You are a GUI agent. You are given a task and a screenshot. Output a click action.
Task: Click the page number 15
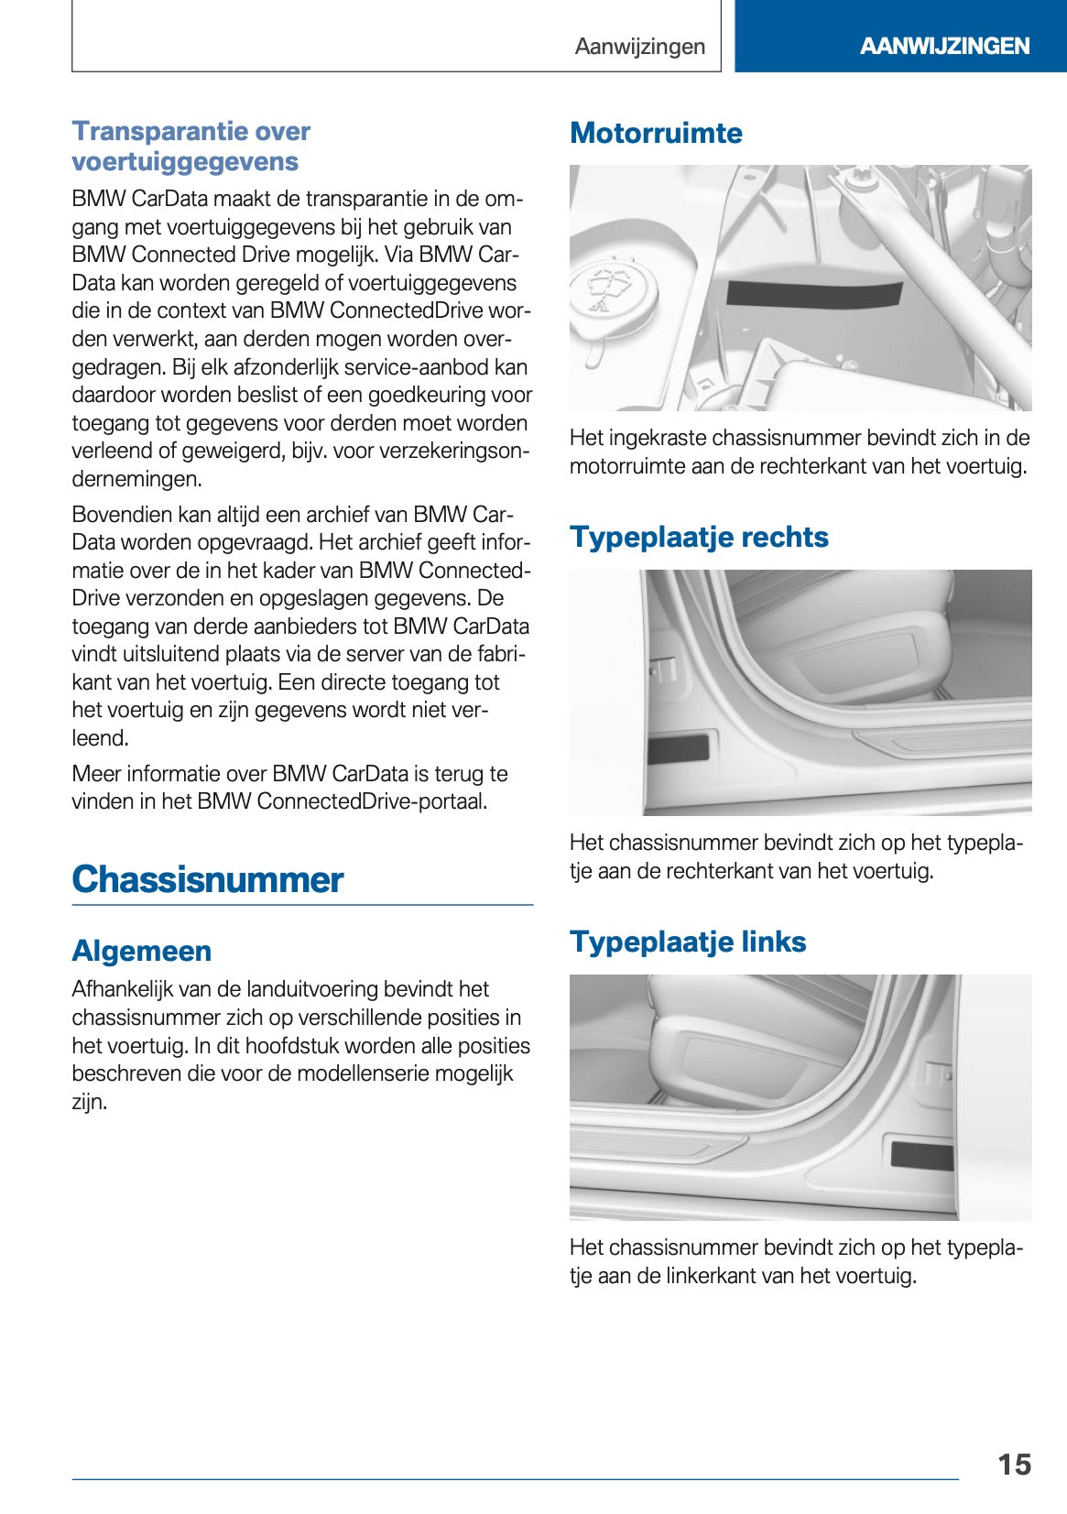1014,1464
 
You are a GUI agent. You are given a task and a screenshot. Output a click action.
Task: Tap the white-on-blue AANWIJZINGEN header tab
944,46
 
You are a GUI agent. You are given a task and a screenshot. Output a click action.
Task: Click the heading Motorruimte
656,133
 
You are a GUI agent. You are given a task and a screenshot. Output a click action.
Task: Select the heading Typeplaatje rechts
699,537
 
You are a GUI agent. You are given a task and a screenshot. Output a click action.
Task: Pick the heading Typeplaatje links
688,942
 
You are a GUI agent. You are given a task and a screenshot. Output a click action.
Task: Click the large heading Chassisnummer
208,879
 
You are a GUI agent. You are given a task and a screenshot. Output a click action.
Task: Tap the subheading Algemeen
142,951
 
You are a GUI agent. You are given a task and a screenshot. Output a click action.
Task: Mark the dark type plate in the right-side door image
678,748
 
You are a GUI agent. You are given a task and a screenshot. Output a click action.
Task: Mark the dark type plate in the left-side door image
922,1156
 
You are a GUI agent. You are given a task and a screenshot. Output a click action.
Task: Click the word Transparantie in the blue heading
145,131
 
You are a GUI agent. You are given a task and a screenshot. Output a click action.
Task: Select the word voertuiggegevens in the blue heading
185,161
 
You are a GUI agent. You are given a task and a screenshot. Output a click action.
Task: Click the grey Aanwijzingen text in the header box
639,47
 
